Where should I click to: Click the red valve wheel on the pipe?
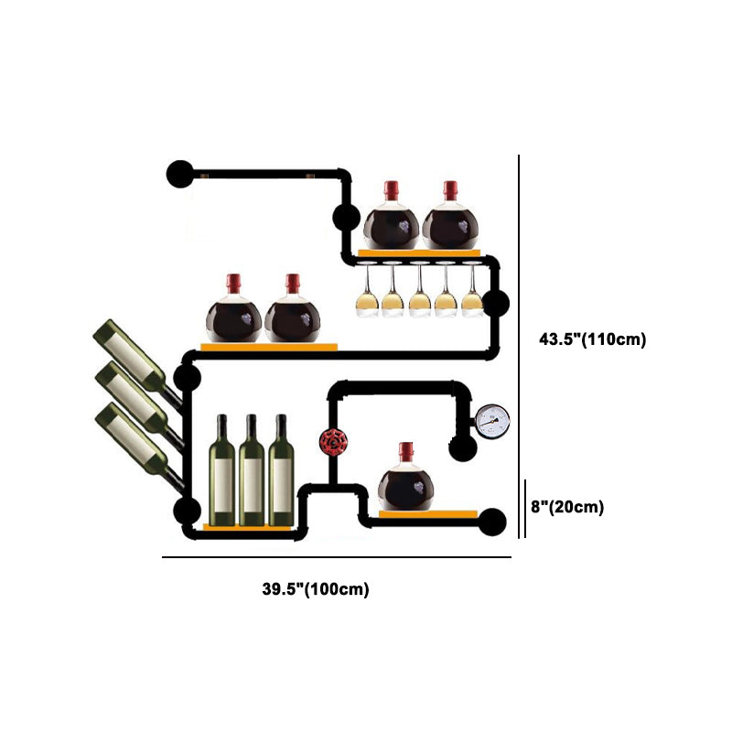[x=330, y=442]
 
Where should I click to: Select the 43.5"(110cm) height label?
[x=592, y=339]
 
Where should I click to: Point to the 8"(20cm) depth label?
[x=568, y=506]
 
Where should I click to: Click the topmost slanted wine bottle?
[x=129, y=353]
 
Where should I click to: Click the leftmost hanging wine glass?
[x=366, y=291]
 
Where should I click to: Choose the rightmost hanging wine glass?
[x=471, y=291]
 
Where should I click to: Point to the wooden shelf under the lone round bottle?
[x=428, y=514]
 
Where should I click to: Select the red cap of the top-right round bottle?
[x=450, y=189]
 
